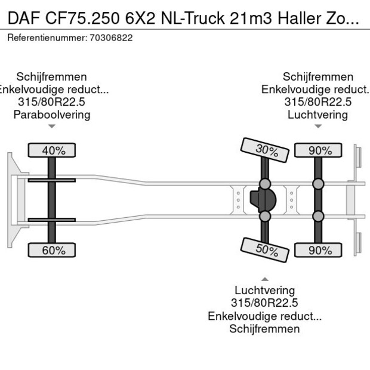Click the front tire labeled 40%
point(53,150)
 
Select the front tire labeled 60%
point(53,250)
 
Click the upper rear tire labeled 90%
point(320,150)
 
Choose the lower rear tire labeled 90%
point(320,250)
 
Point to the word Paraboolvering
point(52,115)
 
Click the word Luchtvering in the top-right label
point(317,115)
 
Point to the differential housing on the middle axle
point(263,199)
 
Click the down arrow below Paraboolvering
point(52,126)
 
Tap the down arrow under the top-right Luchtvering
point(318,126)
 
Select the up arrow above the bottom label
point(264,279)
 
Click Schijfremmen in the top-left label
point(52,77)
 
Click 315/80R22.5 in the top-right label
point(317,102)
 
